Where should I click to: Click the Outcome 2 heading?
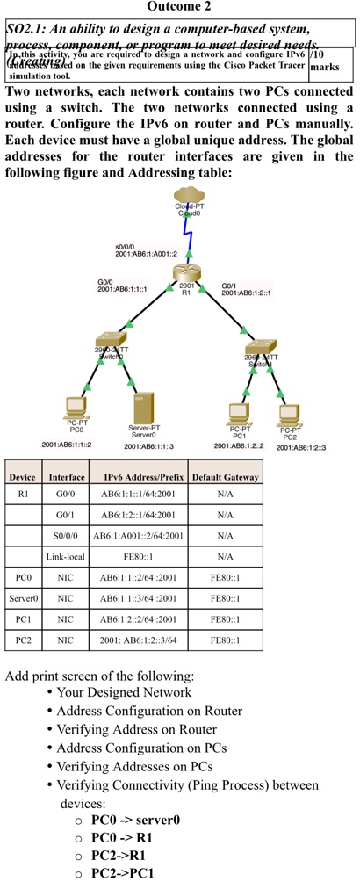coord(179,8)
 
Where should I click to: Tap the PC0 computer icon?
coord(76,407)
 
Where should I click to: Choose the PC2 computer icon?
coord(289,412)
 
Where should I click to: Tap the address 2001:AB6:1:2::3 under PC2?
coord(300,448)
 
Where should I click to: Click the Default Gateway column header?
coord(225,477)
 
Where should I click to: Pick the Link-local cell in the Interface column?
coord(65,557)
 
